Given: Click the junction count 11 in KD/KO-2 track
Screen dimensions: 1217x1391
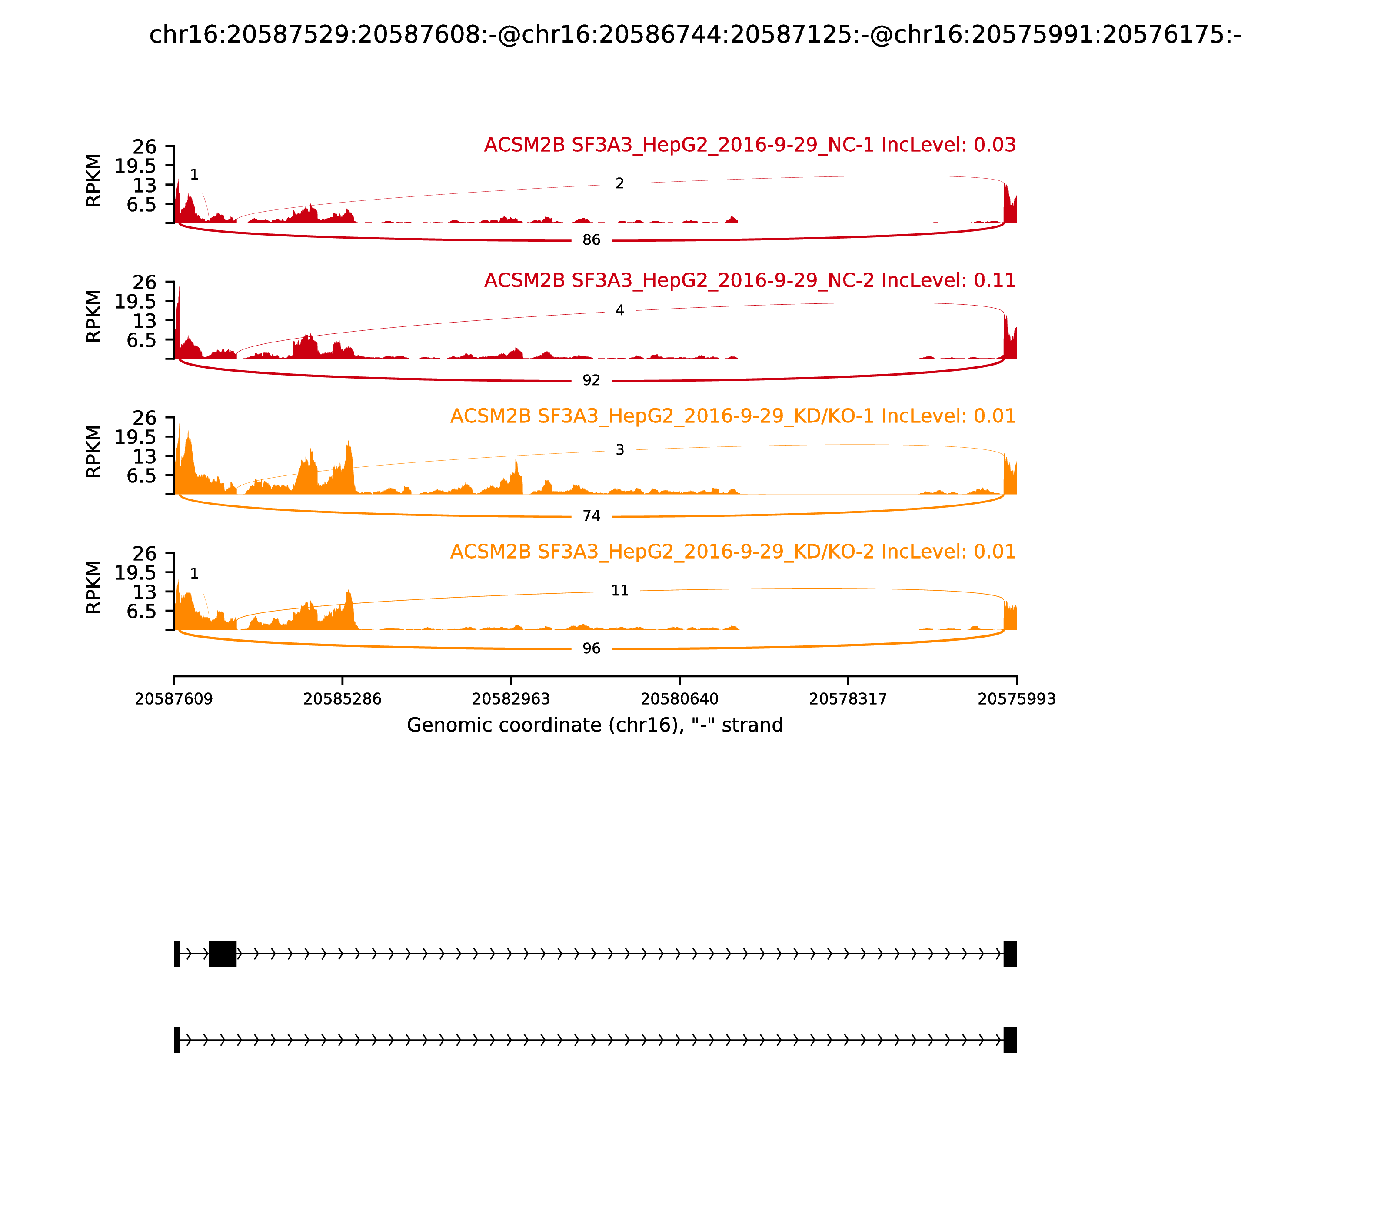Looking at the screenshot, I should point(619,591).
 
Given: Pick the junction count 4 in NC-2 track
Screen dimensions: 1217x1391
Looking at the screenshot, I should point(619,310).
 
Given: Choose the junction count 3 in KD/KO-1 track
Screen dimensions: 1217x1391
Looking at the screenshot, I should point(619,449).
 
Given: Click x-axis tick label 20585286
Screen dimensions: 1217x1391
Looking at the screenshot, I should point(343,699).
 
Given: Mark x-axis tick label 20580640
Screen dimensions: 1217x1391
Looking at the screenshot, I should point(679,699).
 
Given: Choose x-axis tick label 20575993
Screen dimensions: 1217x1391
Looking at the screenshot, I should point(1016,699).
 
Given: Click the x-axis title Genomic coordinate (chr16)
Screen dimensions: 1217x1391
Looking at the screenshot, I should point(595,725).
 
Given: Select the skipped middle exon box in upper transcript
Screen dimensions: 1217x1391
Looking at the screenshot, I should point(222,954).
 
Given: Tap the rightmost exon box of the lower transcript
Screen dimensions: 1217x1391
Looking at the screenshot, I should point(1010,1040).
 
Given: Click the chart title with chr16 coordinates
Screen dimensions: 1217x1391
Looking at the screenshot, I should point(695,35).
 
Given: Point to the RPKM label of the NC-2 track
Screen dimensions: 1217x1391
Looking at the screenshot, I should point(94,316).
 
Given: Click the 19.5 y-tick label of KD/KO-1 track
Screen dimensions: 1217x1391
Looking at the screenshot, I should point(135,437).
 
